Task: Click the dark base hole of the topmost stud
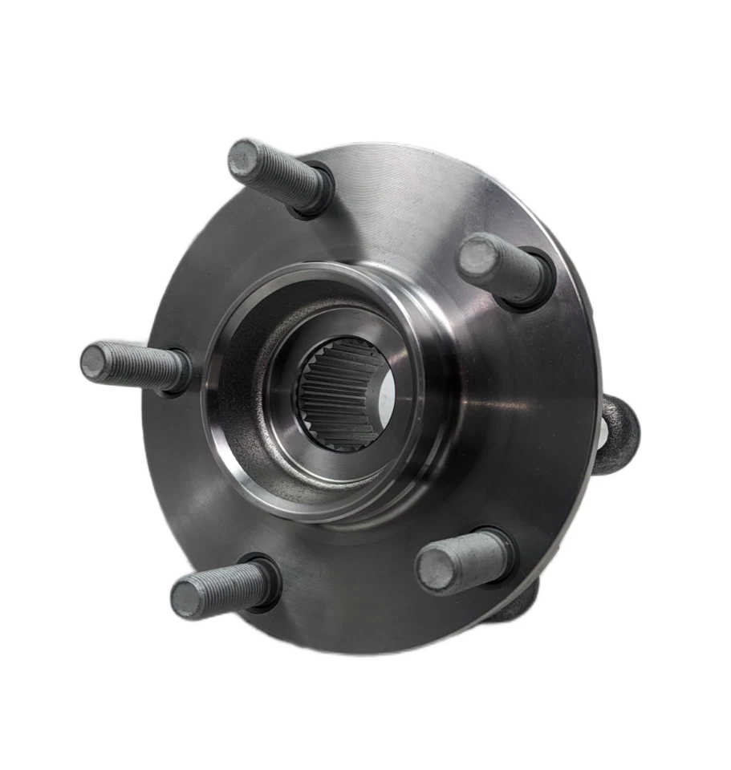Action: [321, 192]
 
